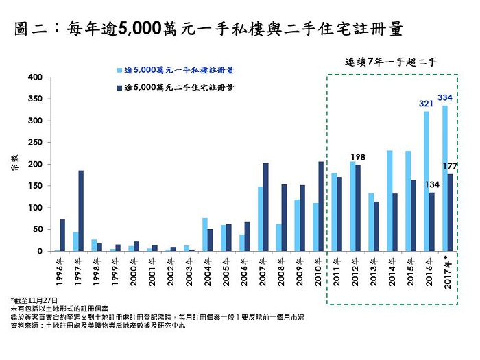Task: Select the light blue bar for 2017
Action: pos(445,178)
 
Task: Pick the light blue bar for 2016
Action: pos(427,181)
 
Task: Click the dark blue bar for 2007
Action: pos(265,206)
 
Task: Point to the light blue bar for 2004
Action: pos(204,235)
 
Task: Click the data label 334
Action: pos(445,98)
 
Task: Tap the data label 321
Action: pos(427,104)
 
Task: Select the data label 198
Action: pos(357,157)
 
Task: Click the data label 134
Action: pos(432,184)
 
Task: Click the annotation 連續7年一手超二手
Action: pos(391,62)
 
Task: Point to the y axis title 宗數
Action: pos(14,165)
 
